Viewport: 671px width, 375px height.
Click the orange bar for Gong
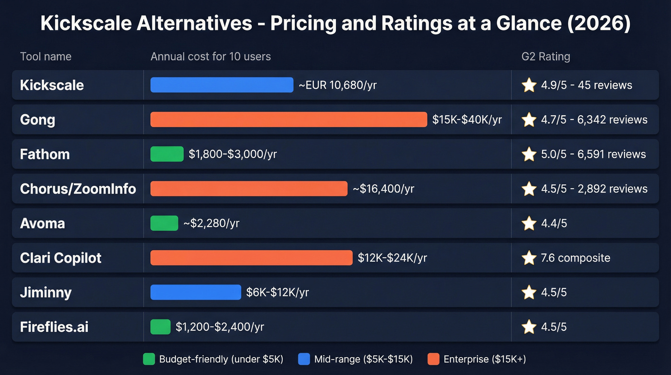(289, 120)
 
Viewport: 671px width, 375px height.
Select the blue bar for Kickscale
(221, 85)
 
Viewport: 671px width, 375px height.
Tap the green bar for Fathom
(167, 154)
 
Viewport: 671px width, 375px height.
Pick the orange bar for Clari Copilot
(251, 258)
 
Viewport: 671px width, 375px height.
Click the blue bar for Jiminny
(196, 292)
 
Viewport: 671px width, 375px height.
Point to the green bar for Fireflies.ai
(161, 327)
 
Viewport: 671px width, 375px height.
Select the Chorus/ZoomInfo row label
(78, 189)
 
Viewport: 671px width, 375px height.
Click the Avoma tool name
(42, 223)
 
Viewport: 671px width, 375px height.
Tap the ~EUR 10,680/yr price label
(337, 85)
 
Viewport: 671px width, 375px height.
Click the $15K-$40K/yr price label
(467, 120)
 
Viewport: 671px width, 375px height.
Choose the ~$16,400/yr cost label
(383, 189)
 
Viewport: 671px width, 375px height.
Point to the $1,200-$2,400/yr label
(220, 327)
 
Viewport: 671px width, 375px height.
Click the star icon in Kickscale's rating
(529, 85)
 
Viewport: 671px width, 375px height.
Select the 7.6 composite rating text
(575, 258)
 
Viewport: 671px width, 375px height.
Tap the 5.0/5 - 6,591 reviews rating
(593, 154)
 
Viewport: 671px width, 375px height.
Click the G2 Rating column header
(545, 57)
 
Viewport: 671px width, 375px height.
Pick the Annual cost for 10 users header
(210, 57)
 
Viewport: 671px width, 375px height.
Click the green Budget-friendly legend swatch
(149, 359)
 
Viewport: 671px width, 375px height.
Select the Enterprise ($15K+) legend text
(485, 359)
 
